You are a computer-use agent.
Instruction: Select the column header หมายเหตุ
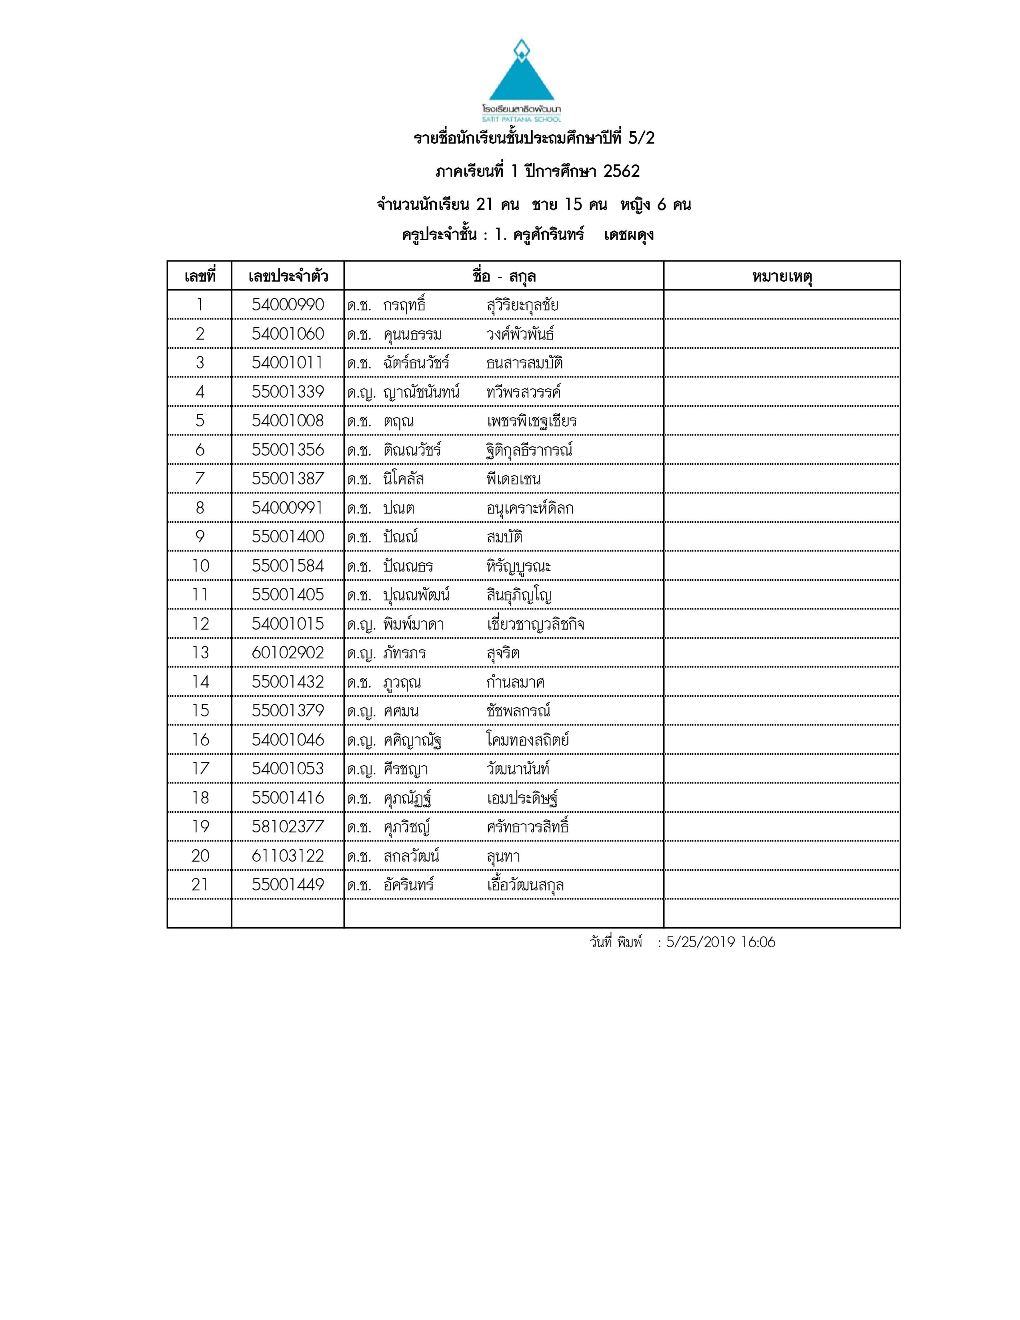pos(782,277)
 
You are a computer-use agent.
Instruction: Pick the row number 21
pos(200,885)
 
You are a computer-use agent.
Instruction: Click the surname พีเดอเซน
pos(514,479)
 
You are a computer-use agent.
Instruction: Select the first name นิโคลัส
pos(403,479)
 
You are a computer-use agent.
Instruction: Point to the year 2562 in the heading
pos(621,172)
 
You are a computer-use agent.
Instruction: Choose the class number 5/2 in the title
pos(641,138)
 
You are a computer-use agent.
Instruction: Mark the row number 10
pos(200,566)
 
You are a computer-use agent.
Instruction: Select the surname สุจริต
pos(503,653)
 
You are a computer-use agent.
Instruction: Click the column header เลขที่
pos(200,277)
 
